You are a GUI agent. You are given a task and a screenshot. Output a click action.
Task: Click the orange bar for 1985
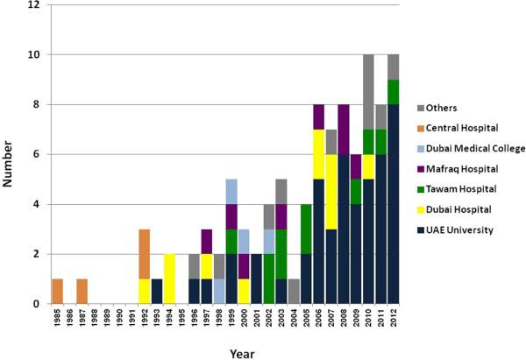pyautogui.click(x=58, y=292)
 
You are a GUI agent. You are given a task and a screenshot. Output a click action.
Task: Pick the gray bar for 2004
pyautogui.click(x=294, y=292)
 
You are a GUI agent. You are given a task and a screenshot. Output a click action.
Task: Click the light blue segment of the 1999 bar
pyautogui.click(x=232, y=192)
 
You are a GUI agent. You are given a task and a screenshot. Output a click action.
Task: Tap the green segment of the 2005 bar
pyautogui.click(x=306, y=229)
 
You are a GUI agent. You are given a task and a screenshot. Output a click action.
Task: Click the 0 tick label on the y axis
pyautogui.click(x=38, y=304)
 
